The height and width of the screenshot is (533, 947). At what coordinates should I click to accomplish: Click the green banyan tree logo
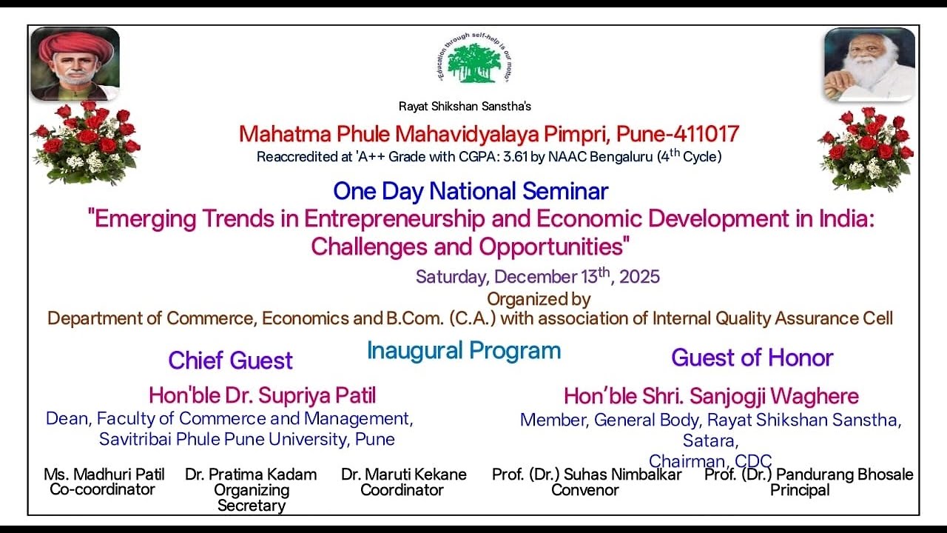[x=473, y=62]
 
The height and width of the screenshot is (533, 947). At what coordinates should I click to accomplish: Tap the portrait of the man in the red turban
[x=75, y=64]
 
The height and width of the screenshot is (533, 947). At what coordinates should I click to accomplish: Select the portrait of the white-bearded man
[x=869, y=64]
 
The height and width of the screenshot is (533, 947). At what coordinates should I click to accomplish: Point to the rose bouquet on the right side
[x=866, y=148]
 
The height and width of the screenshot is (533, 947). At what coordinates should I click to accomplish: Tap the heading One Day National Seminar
[x=471, y=191]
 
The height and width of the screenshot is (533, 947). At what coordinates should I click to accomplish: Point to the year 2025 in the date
[x=639, y=277]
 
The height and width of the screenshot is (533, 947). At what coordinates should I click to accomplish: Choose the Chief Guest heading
[x=230, y=361]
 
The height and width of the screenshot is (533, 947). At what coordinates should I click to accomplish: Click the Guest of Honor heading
[x=752, y=358]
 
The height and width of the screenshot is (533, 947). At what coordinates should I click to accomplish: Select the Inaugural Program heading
[x=464, y=350]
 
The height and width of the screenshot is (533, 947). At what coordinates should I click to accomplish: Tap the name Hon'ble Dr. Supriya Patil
[x=262, y=395]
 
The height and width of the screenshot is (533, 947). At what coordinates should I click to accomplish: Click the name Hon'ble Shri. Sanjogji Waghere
[x=711, y=396]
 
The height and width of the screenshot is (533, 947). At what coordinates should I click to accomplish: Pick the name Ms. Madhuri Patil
[x=104, y=475]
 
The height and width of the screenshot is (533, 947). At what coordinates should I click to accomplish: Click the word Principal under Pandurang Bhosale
[x=800, y=490]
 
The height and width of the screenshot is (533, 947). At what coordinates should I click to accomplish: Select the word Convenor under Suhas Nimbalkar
[x=584, y=490]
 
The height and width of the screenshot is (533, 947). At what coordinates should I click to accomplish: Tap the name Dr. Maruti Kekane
[x=403, y=475]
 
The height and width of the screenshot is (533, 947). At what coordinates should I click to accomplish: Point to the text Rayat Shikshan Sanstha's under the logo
[x=465, y=106]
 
